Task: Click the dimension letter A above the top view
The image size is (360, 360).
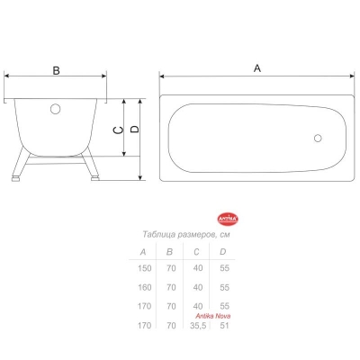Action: (257, 68)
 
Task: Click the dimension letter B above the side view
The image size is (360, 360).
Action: (56, 71)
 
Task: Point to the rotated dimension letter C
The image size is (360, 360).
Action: (119, 130)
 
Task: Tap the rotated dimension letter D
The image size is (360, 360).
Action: (135, 129)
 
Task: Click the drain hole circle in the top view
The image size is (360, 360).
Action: (318, 139)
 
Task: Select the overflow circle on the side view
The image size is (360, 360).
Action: (55, 109)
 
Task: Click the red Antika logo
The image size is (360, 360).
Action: (228, 220)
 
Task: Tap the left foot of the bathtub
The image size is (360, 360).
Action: (15, 179)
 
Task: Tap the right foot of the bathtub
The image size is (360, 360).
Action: (95, 178)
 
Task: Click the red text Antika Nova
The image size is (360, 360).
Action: (213, 316)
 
